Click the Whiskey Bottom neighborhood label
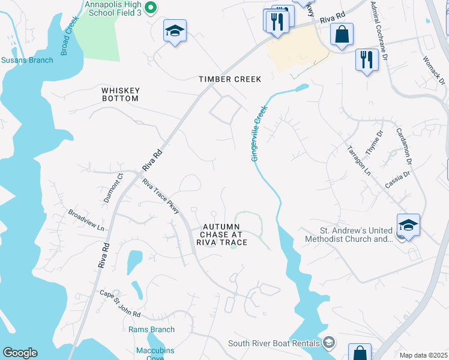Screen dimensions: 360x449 click(120, 94)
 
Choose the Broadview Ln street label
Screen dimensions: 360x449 click(86, 221)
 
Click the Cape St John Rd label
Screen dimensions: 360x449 click(120, 304)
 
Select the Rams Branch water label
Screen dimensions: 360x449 click(151, 329)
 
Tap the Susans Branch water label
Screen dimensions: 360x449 click(26, 60)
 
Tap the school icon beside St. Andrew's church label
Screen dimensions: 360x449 click(408, 226)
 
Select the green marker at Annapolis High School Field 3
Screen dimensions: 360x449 click(151, 8)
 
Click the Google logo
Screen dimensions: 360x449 click(20, 353)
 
